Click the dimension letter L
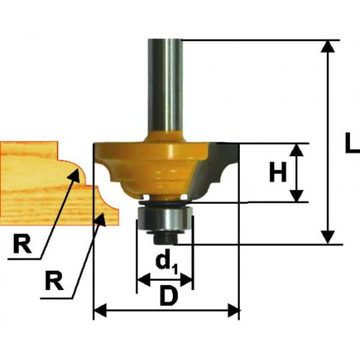click(353, 142)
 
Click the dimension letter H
click(278, 172)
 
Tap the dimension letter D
click(169, 296)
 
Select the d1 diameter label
click(167, 263)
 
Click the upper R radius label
click(22, 244)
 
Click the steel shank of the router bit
click(165, 87)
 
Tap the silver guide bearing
click(164, 217)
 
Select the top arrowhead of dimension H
click(298, 151)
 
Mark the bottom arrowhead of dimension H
click(298, 196)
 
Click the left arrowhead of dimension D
click(100, 310)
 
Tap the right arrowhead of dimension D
click(233, 310)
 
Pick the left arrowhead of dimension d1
click(144, 280)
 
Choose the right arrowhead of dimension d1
click(186, 280)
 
